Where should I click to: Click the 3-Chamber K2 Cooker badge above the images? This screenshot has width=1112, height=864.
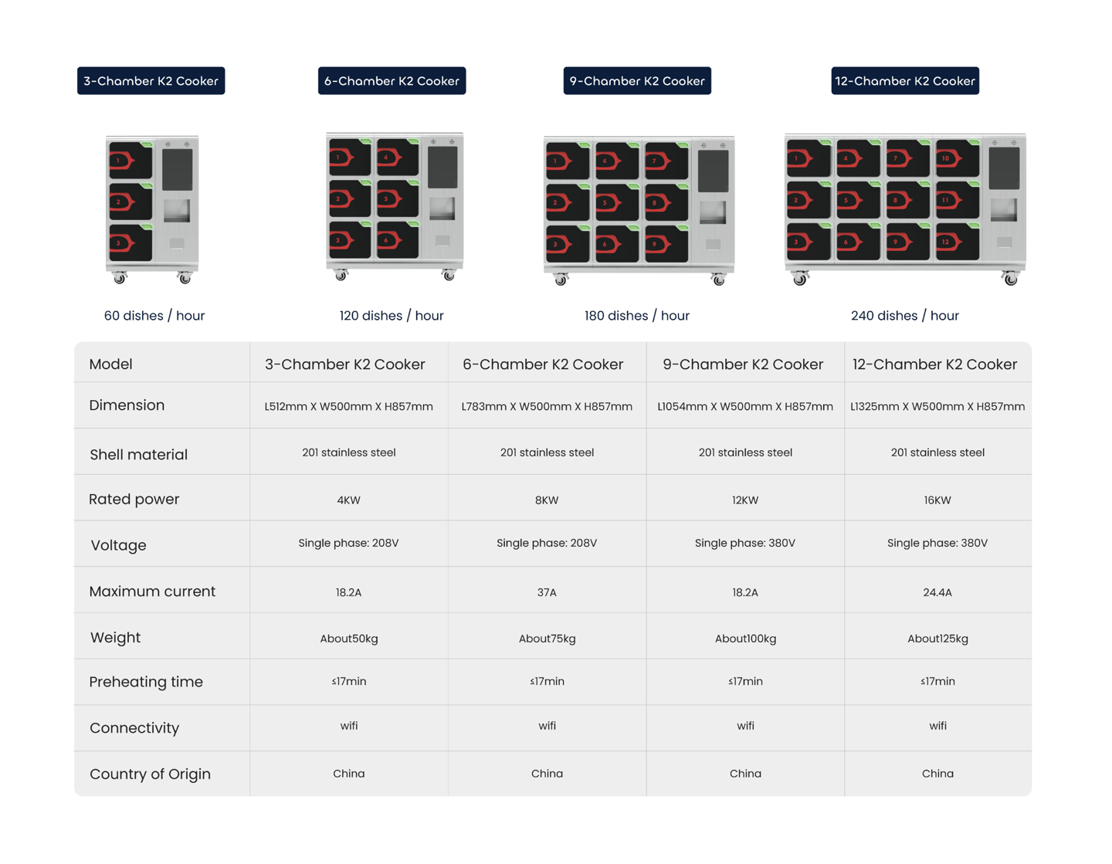click(151, 81)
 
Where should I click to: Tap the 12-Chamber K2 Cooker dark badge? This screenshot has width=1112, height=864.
click(905, 81)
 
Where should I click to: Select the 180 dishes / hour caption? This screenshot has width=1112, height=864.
click(636, 316)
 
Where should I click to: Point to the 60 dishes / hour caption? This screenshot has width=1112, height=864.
click(154, 316)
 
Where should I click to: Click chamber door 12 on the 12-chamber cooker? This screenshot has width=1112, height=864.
click(957, 242)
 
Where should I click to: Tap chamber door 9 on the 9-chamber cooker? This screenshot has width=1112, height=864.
click(666, 244)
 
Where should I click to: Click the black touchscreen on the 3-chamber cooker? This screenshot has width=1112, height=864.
click(177, 169)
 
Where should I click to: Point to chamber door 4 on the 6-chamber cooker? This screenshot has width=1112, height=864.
click(397, 158)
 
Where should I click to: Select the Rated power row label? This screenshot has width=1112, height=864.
click(134, 500)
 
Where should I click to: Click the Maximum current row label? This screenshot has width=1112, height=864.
click(152, 591)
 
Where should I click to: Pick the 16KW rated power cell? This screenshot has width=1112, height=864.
click(937, 500)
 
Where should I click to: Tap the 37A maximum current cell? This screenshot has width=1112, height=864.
click(547, 592)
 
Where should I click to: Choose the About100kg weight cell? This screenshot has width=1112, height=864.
click(745, 639)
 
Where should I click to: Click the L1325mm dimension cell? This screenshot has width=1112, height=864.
click(937, 406)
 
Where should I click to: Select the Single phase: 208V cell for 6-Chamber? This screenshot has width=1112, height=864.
click(547, 543)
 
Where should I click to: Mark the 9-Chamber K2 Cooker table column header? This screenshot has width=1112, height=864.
click(743, 364)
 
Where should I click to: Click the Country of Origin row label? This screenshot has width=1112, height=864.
click(150, 774)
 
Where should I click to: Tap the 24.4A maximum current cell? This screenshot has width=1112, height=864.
click(937, 592)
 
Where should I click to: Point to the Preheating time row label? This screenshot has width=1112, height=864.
click(146, 682)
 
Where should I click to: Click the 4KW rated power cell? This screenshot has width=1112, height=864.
click(348, 500)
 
